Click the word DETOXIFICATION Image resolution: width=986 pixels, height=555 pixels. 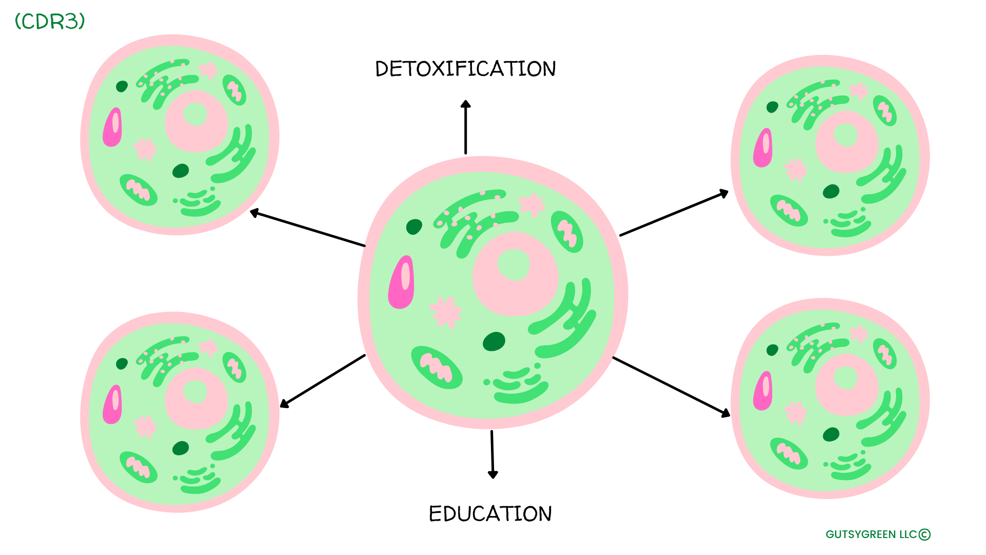tap(465, 69)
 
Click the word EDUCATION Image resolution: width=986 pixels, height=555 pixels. tap(490, 514)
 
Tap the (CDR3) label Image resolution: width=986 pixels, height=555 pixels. tap(50, 22)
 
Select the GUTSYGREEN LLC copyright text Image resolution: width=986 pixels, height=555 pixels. tap(878, 534)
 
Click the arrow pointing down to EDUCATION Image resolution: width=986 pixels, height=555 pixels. tap(492, 454)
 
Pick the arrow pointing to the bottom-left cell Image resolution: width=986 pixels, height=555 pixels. tap(323, 381)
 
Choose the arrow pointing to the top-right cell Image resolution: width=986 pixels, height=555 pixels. tap(674, 213)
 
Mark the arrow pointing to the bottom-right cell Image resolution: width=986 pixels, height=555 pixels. tap(671, 386)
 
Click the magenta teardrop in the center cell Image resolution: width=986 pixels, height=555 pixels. tap(402, 283)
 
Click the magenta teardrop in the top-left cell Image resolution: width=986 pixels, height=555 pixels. tap(112, 127)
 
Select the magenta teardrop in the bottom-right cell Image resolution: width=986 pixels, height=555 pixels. tap(763, 391)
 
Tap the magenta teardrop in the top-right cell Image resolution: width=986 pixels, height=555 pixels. tap(763, 148)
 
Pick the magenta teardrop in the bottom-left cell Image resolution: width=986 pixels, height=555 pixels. tap(112, 405)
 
